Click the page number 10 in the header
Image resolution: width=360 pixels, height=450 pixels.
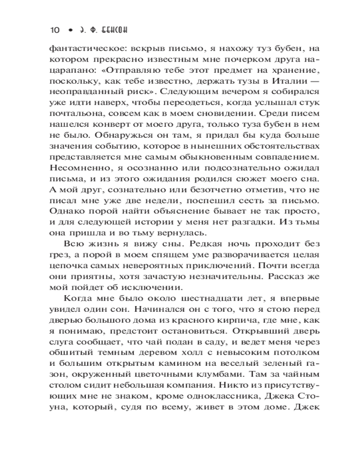(54, 30)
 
